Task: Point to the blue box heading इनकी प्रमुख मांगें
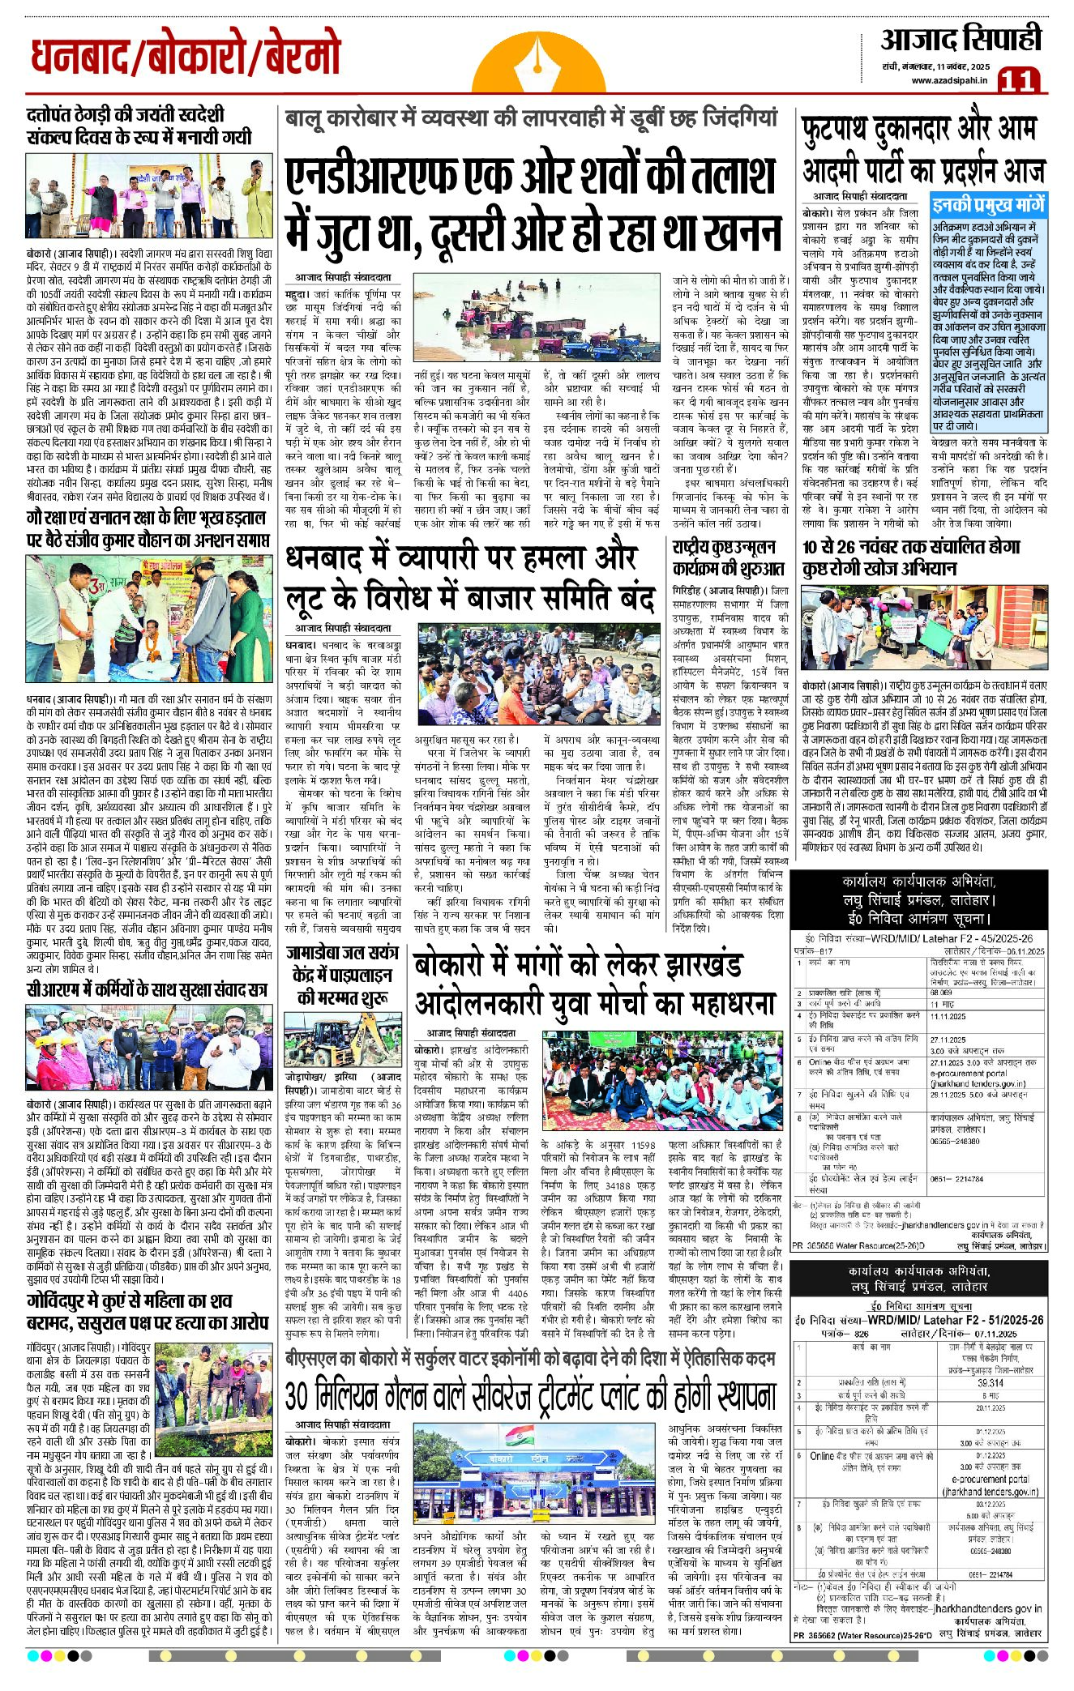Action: [x=989, y=205]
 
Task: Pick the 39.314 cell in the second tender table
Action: [x=991, y=1383]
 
